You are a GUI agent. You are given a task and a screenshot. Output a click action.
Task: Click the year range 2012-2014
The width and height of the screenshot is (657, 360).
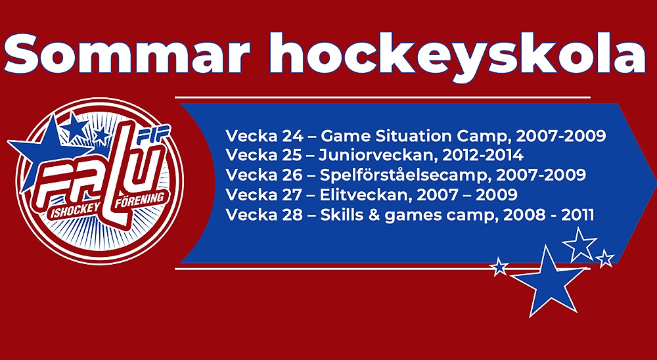pos(483,155)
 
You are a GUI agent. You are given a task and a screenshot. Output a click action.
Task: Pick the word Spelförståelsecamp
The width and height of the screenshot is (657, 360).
pos(404,175)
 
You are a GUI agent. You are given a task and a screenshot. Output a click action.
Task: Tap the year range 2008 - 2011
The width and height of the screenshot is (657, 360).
pos(549,215)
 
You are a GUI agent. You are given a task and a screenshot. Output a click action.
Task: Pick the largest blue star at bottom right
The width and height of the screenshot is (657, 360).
pos(549,281)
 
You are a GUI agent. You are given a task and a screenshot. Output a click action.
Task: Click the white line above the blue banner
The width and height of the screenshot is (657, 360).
pos(382,97)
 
